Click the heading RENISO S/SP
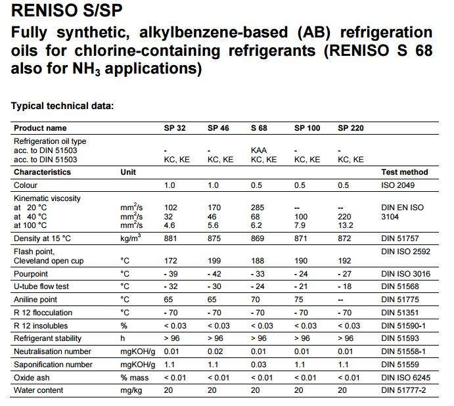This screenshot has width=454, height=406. coord(64,11)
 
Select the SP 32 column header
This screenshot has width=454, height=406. coord(175,128)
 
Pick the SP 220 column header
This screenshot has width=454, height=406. coord(351,128)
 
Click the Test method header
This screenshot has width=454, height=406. coord(404,172)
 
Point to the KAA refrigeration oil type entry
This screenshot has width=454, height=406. coord(259,150)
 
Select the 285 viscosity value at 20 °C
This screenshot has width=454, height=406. coord(258,208)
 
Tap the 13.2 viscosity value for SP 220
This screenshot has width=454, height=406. coord(346,225)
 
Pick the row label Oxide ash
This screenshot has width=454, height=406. coord(33,378)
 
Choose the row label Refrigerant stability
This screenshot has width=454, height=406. coord(48,338)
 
